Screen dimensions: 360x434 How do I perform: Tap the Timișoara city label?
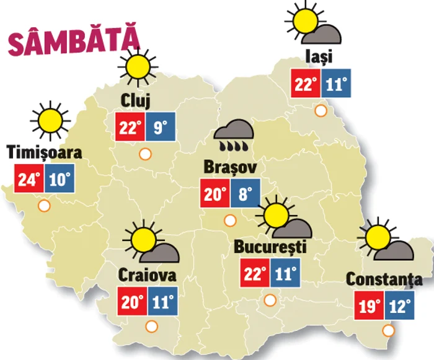(45, 152)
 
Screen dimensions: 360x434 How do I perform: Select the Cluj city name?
(136, 99)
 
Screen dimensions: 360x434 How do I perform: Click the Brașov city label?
(229, 167)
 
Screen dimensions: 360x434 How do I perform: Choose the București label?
(270, 247)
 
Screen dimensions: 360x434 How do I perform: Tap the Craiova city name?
(147, 274)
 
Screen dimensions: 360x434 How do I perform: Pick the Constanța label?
(384, 279)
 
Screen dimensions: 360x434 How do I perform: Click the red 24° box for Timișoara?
(29, 180)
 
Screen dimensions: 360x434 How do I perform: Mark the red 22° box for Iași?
(306, 84)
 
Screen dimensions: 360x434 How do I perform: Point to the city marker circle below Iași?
(321, 112)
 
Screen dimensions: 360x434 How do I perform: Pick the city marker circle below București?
(270, 301)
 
